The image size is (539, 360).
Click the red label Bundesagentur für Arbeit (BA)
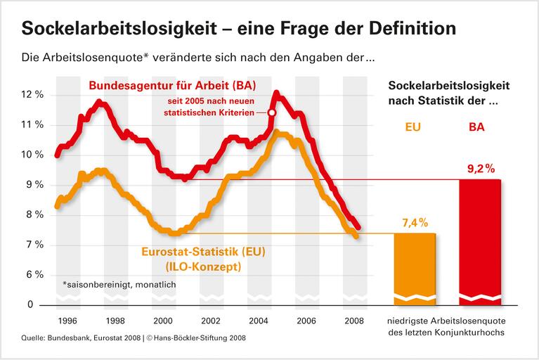(x=171, y=86)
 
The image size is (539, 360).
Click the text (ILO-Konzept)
(x=203, y=267)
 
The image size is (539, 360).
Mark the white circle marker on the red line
(x=272, y=112)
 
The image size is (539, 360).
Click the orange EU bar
(x=415, y=267)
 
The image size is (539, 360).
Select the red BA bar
(x=479, y=239)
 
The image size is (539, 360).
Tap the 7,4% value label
(x=415, y=223)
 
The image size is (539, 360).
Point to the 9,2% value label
(x=479, y=169)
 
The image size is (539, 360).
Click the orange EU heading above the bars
(x=415, y=129)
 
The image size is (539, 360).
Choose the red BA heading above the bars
(x=479, y=129)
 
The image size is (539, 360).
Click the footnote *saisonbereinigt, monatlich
(x=119, y=285)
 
